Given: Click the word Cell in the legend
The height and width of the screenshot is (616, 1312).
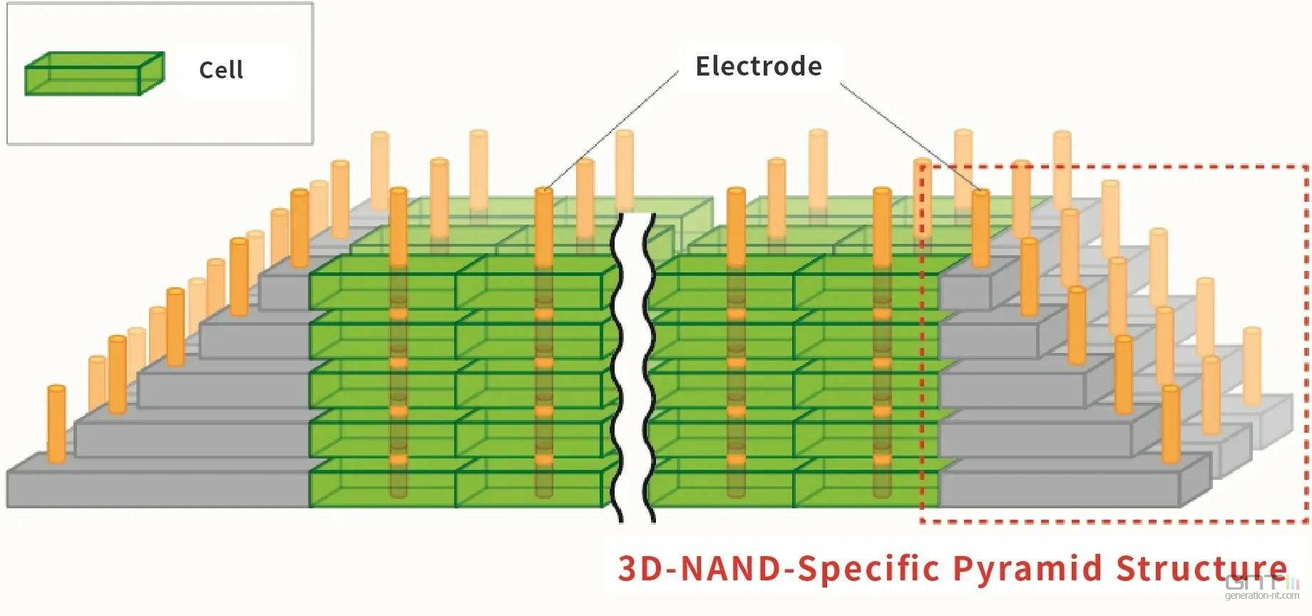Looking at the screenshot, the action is [x=221, y=70].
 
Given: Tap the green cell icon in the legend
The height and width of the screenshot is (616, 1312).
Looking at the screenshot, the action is [x=95, y=73].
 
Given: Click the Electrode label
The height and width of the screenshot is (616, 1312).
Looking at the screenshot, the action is [x=759, y=66].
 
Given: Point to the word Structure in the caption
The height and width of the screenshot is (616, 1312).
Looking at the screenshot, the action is [x=1202, y=568].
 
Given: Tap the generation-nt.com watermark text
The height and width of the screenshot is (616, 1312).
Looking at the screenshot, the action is [x=1262, y=595].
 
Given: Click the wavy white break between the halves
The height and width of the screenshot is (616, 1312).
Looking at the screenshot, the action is [x=634, y=367].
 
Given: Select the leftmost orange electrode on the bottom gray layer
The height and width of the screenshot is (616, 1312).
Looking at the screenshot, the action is [x=56, y=424].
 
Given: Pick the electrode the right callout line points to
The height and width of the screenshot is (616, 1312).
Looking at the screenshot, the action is [x=981, y=228].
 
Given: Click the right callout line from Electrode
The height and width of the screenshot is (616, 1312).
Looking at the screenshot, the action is [x=911, y=135].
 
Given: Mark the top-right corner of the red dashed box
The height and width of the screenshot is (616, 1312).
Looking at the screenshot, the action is [x=1307, y=166].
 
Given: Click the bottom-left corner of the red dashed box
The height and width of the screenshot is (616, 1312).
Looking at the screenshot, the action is [x=921, y=521].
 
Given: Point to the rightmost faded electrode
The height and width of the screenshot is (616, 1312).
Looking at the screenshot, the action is [x=1252, y=366].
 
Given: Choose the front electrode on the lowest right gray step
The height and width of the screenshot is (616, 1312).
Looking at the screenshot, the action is [x=1171, y=424].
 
